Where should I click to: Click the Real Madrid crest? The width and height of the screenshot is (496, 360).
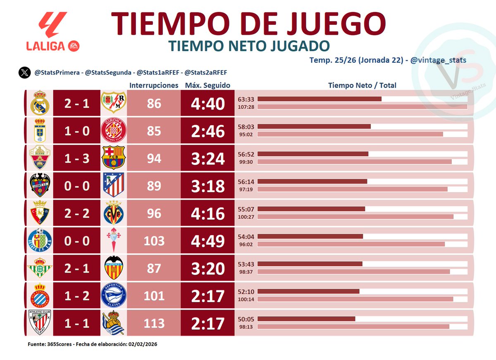click(40, 103)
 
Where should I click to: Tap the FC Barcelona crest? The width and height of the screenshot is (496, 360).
click(113, 158)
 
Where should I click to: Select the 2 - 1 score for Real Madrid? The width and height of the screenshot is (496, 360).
click(76, 103)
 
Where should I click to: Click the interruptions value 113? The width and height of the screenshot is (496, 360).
click(154, 323)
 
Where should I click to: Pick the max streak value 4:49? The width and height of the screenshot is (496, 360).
click(207, 241)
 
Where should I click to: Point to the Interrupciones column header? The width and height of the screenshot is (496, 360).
click(154, 86)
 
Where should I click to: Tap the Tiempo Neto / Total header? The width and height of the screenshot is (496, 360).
click(362, 86)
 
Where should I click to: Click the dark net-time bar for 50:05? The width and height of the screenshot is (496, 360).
click(306, 319)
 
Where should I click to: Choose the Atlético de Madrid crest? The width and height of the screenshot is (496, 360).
click(113, 186)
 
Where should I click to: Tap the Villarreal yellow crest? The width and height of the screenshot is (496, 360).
click(113, 213)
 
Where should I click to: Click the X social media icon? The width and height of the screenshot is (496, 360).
click(24, 73)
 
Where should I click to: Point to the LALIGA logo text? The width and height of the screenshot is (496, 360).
click(45, 46)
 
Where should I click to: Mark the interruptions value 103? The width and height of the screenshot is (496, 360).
click(154, 241)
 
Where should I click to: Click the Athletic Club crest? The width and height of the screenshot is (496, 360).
click(40, 323)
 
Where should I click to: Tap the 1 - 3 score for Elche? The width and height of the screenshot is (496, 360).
click(76, 158)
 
